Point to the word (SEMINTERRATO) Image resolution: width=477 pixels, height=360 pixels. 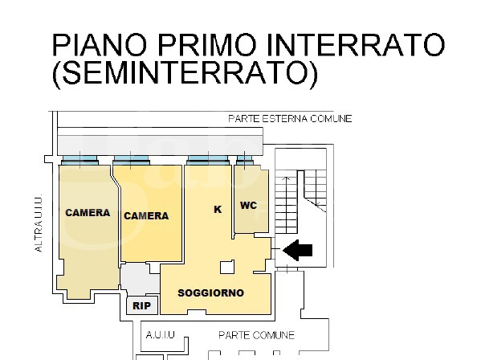(184, 74)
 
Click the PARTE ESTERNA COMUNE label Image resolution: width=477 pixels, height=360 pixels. (290, 119)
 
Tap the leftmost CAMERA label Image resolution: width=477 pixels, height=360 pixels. (88, 213)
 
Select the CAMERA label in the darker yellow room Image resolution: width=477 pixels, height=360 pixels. (146, 216)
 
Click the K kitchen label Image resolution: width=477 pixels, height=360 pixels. (217, 209)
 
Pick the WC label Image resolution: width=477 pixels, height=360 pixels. (249, 206)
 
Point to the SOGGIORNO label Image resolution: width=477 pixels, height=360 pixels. (210, 292)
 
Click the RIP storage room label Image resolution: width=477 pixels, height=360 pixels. (141, 306)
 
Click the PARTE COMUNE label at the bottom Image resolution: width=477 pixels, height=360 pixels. (257, 335)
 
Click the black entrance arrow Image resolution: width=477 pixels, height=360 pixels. (299, 251)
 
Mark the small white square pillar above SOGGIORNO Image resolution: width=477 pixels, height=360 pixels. (227, 268)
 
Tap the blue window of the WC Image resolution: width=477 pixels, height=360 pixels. (245, 160)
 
